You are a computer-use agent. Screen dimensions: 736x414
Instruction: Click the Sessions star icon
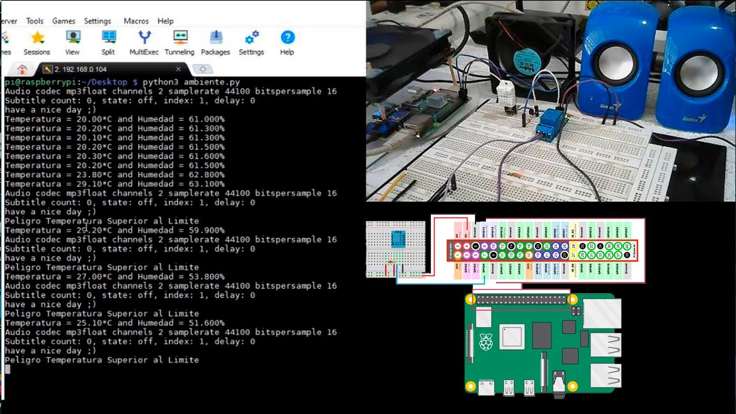click(x=37, y=38)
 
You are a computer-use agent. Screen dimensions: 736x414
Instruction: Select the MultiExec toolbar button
click(x=144, y=38)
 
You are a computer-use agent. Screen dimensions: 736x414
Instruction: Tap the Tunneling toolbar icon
click(x=179, y=38)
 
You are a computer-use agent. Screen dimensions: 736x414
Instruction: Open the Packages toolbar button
click(x=216, y=38)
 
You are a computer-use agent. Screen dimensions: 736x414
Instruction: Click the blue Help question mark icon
click(x=287, y=38)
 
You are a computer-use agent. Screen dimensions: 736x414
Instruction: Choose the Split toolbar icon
click(x=108, y=38)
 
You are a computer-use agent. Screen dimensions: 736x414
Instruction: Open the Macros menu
click(x=136, y=21)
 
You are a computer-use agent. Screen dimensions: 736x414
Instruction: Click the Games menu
click(x=64, y=21)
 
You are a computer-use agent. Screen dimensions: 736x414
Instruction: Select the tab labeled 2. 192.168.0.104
click(x=80, y=69)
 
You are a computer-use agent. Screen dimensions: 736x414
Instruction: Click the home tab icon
click(x=22, y=70)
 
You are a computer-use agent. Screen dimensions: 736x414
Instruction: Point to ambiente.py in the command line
click(x=212, y=82)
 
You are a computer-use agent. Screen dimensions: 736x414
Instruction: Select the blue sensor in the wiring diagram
click(x=398, y=239)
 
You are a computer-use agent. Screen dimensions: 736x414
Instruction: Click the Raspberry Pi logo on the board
click(x=486, y=342)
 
